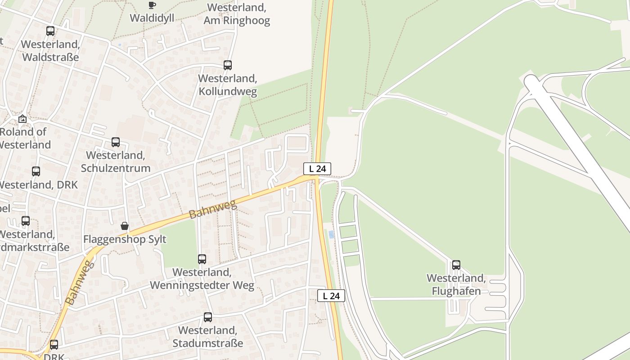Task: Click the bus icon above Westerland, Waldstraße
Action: tap(50, 31)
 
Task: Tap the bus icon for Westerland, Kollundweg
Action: tap(228, 65)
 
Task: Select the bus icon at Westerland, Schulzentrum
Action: tap(116, 142)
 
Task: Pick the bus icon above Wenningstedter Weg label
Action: tap(202, 259)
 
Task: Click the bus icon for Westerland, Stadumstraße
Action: tap(208, 317)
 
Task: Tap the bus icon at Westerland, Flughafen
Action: tap(456, 265)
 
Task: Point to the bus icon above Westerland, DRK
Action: tap(36, 171)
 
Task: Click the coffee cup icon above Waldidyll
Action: tap(152, 5)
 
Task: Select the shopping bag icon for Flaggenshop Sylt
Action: tap(125, 226)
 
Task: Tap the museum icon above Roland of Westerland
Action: tap(22, 119)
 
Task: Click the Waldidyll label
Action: tap(152, 18)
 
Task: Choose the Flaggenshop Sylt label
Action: tap(125, 239)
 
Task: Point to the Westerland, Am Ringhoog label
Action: tap(237, 14)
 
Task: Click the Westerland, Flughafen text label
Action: tap(456, 284)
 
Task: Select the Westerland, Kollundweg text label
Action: tap(228, 85)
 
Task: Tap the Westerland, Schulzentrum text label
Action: tap(116, 162)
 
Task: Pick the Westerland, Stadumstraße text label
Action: tap(208, 337)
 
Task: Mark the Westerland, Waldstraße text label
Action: tap(50, 50)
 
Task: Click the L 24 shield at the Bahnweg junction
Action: tap(317, 169)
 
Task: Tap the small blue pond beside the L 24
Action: tap(332, 234)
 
